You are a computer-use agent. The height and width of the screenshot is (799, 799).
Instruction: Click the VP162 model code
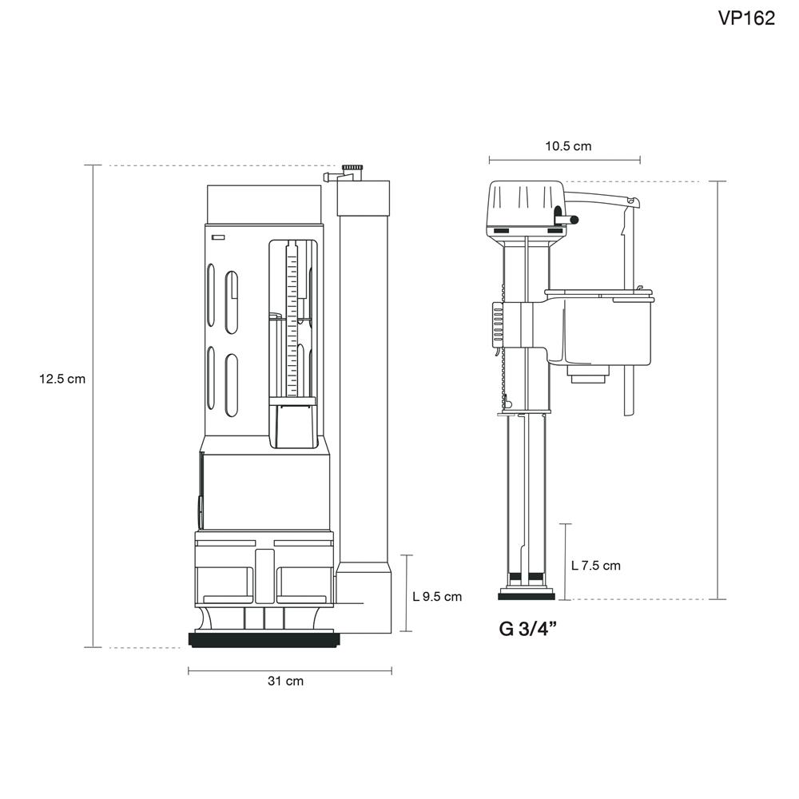coord(746,18)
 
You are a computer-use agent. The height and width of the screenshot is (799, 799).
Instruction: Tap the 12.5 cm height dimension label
coord(62,380)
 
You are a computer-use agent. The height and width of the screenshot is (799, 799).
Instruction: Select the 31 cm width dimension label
coord(285,682)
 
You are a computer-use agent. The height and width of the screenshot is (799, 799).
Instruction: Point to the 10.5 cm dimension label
coord(568,146)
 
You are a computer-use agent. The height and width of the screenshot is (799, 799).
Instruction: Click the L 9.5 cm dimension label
coord(437,596)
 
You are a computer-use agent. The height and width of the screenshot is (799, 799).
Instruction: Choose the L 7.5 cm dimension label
coord(595,566)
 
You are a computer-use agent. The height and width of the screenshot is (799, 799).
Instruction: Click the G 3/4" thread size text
coord(527,628)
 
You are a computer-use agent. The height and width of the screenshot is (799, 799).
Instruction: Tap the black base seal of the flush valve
coord(262,639)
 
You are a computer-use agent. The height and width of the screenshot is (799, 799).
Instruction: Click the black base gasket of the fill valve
coord(526,595)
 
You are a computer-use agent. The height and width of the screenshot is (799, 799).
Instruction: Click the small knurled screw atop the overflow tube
coord(351,169)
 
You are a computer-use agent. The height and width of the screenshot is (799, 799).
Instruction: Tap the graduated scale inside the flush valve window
coord(292,320)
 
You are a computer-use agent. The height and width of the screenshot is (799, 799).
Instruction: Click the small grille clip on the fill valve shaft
coord(497,324)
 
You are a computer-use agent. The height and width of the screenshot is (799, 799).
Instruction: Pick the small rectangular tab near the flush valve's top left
coord(218,237)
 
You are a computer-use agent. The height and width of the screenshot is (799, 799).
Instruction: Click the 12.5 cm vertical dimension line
coord(93,479)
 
